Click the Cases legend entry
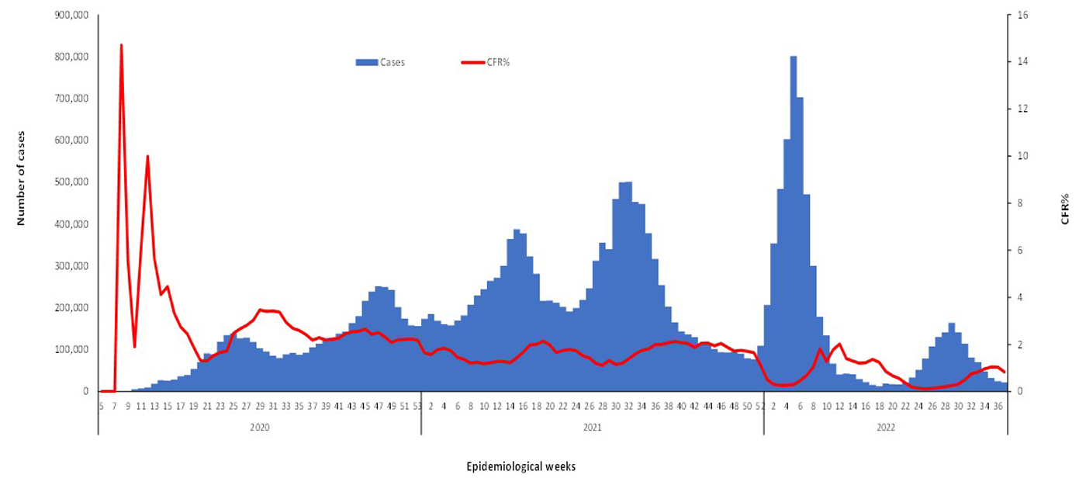pyautogui.click(x=380, y=63)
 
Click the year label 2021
pyautogui.click(x=592, y=427)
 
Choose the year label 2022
pyautogui.click(x=885, y=427)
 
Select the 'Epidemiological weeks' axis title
pyautogui.click(x=521, y=466)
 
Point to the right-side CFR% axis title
pyautogui.click(x=1065, y=210)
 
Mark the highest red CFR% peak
pyautogui.click(x=121, y=46)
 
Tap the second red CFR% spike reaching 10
pyautogui.click(x=147, y=157)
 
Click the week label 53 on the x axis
pyautogui.click(x=417, y=405)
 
